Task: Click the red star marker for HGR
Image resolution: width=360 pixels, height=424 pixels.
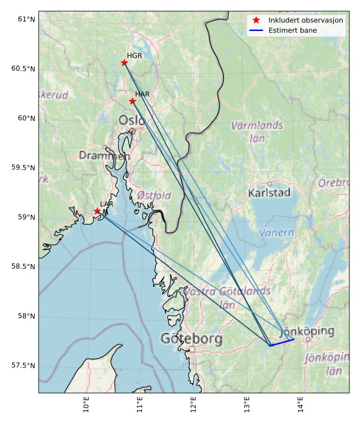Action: coord(125,63)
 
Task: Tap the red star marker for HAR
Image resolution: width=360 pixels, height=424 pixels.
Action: coord(133,101)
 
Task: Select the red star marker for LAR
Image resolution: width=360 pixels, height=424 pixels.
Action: coord(97,211)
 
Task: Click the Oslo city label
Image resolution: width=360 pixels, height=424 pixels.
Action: coord(131,120)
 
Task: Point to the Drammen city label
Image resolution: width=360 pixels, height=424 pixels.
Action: coord(104,156)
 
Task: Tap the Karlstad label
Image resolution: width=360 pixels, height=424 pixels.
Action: coord(269,193)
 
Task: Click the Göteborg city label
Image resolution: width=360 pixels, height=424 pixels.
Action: coord(191,339)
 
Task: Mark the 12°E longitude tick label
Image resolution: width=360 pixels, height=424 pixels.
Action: coord(194,406)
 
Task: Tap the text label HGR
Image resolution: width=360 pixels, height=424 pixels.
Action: coord(134,56)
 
